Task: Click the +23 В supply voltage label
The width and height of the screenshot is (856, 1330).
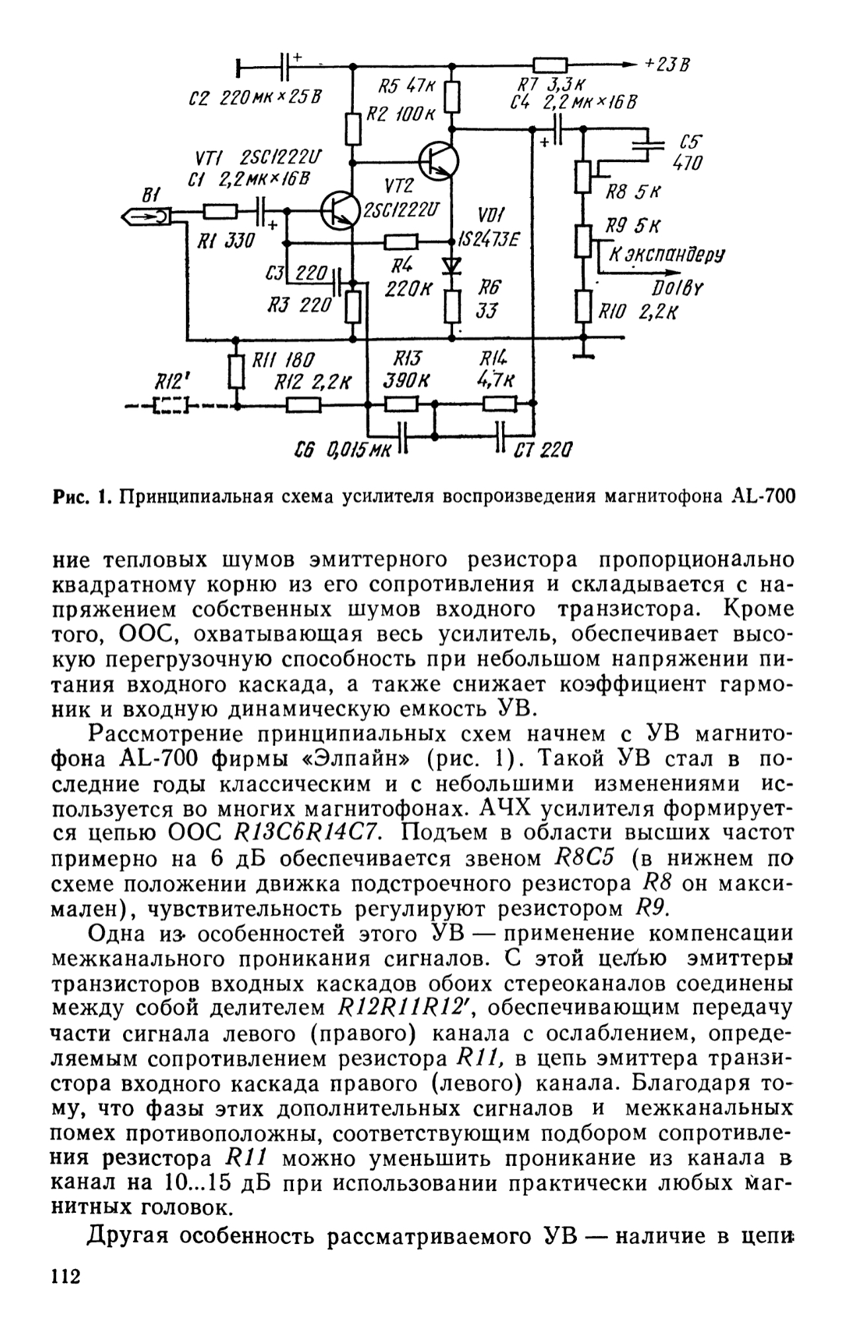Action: pyautogui.click(x=667, y=65)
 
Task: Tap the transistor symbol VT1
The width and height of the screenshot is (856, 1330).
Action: pyautogui.click(x=338, y=211)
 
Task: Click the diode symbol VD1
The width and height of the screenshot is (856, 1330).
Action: pyautogui.click(x=452, y=265)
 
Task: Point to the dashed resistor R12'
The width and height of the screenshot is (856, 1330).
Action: pyautogui.click(x=171, y=405)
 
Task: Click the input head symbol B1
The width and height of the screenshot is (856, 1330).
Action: pyautogui.click(x=148, y=216)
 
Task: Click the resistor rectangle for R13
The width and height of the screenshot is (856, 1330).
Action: pyautogui.click(x=401, y=404)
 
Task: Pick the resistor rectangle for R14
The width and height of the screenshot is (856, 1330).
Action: pyautogui.click(x=499, y=403)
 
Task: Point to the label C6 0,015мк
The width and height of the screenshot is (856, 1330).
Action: pyautogui.click(x=343, y=450)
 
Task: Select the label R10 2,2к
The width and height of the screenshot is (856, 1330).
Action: pyautogui.click(x=638, y=311)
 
